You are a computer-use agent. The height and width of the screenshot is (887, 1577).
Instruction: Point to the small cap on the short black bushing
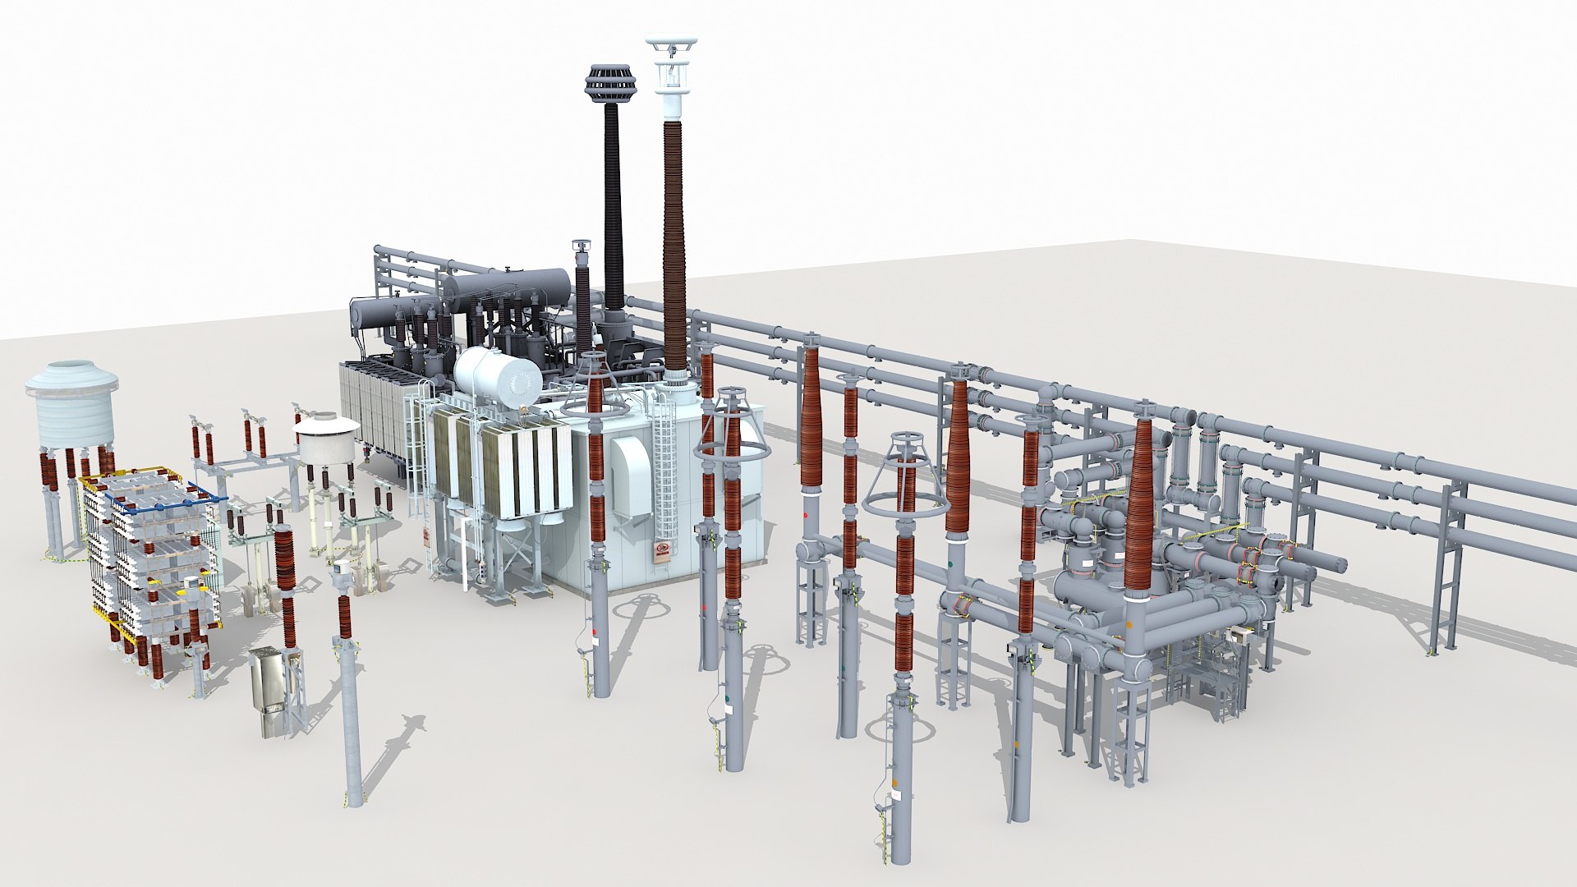click(582, 246)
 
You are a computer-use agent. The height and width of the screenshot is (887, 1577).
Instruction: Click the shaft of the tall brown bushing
click(675, 246)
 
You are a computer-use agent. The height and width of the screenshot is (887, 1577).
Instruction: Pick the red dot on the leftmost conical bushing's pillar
click(806, 515)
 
